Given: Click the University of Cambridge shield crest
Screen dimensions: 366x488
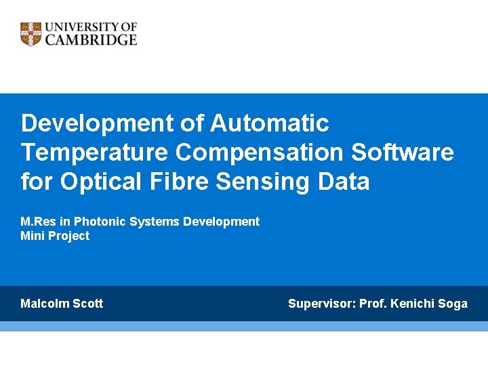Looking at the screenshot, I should [x=31, y=34].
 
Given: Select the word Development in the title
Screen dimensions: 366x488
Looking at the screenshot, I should [x=98, y=123].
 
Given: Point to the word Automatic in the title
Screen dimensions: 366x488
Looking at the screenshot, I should [x=270, y=123].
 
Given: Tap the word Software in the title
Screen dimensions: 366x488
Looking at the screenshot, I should [x=403, y=152].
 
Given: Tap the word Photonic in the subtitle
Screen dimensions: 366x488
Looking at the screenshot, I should [x=96, y=222].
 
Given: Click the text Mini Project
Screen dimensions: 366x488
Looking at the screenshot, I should [x=55, y=236].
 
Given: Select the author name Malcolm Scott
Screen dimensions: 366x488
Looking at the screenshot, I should [x=62, y=304].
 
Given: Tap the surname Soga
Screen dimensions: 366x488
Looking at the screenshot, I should [x=452, y=304].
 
